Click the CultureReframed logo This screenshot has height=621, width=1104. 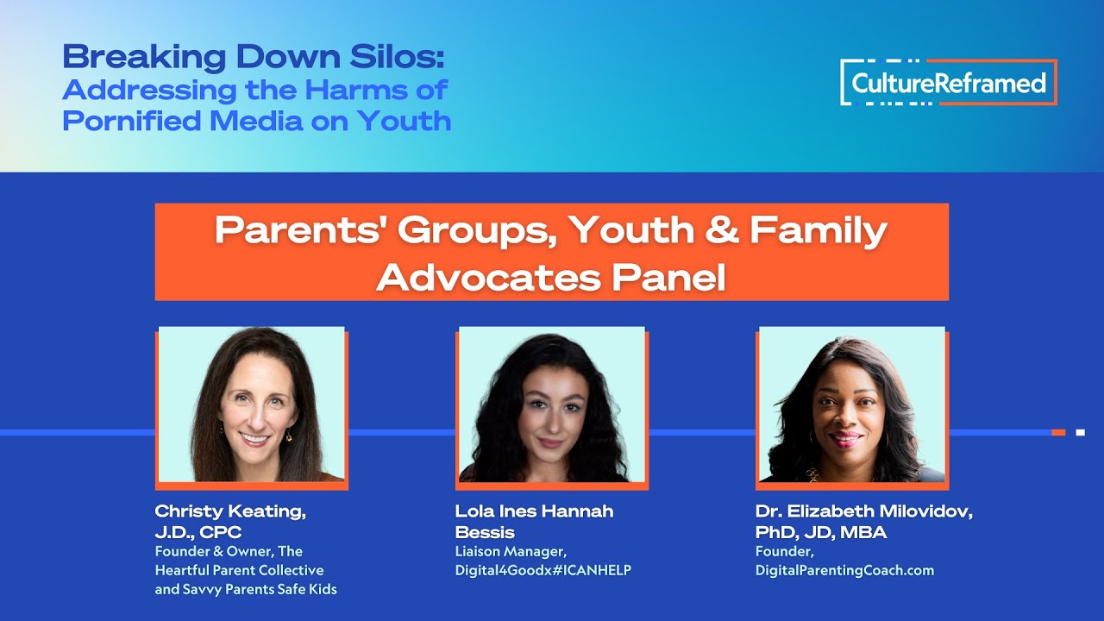948,83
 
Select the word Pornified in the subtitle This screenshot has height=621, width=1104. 132,121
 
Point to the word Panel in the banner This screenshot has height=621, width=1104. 669,277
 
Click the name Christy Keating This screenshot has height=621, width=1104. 230,511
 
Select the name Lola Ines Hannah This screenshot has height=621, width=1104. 534,511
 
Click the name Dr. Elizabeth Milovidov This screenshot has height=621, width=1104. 863,511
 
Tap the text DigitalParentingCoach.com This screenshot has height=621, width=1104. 844,570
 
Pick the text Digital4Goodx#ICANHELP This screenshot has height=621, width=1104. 543,570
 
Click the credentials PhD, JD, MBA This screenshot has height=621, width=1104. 820,532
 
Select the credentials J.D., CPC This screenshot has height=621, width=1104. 198,532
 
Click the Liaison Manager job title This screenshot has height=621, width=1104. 511,551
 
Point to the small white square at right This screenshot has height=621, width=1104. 1080,432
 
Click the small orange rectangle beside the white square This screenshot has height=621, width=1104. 1058,432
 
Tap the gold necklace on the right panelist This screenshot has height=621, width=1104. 812,474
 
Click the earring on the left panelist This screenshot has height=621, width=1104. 289,436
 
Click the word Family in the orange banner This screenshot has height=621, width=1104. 818,230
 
